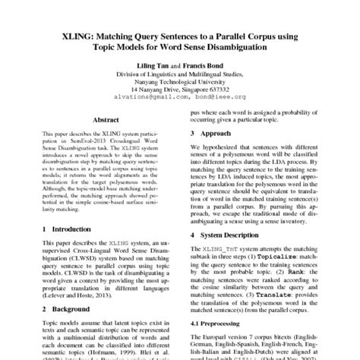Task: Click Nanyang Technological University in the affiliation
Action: tap(180, 82)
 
